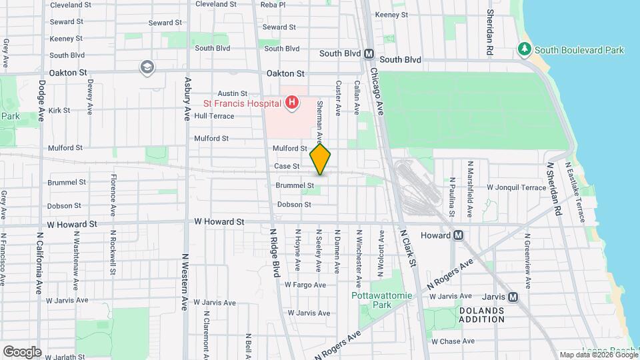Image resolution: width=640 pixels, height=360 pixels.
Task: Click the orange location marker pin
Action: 320,159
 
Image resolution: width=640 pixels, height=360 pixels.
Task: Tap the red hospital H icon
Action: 291,103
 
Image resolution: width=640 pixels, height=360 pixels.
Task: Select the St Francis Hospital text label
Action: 242,103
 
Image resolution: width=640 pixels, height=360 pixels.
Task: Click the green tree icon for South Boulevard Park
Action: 525,49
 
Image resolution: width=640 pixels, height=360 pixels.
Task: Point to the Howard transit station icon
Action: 458,235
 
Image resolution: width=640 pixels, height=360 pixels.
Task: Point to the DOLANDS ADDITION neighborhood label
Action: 481,315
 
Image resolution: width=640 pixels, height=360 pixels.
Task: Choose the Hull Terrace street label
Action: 214,115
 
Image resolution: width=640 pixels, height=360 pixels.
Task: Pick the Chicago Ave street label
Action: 376,90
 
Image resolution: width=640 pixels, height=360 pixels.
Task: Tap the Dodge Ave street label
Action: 41,100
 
